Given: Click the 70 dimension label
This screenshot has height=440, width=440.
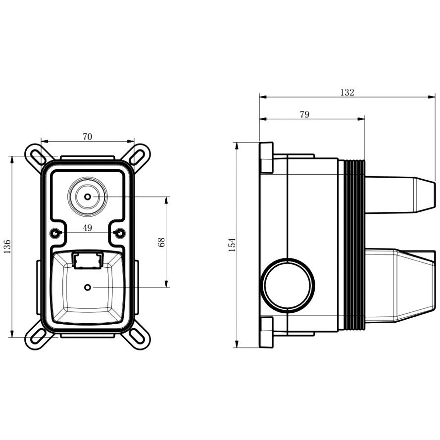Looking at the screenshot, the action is (87, 137).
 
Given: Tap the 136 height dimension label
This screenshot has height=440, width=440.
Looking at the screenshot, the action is (7, 246).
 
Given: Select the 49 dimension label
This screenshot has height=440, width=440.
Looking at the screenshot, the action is (87, 228).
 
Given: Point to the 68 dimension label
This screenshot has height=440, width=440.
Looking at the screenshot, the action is (161, 242).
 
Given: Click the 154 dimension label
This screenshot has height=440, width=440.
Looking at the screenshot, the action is (232, 244).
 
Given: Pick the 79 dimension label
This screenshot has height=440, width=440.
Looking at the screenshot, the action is (304, 114).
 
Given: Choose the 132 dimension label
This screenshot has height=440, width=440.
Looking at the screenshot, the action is (347, 93).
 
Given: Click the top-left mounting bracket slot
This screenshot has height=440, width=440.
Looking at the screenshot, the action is (37, 156).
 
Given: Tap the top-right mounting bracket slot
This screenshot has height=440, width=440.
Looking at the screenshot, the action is (138, 156).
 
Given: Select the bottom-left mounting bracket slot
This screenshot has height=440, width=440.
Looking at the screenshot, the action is (37, 336).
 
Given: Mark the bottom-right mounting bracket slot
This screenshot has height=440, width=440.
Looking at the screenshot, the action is (138, 336).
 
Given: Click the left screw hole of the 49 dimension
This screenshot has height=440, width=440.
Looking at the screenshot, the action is (55, 233).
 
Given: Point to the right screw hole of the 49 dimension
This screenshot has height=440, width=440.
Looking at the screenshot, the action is (120, 233).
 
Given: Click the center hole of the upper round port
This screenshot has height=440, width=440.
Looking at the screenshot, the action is (88, 196).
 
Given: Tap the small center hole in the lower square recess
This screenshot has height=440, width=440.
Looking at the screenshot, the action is (88, 288).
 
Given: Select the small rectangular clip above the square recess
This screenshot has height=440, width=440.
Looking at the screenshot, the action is (87, 261).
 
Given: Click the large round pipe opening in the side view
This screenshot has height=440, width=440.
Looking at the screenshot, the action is (288, 286).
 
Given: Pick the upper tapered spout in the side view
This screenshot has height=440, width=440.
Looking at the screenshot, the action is (400, 195).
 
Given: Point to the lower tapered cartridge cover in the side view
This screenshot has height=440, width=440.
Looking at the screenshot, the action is (400, 286).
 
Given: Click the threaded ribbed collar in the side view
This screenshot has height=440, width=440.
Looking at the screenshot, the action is (354, 244).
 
